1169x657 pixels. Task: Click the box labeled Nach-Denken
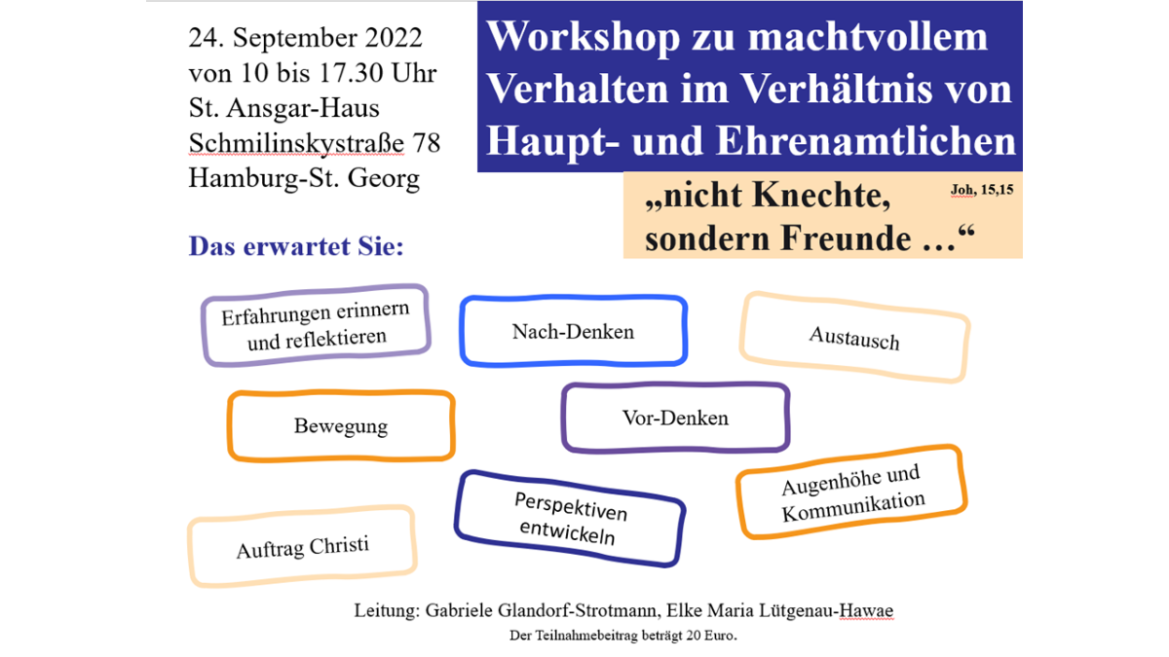point(573,331)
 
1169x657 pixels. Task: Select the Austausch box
point(854,338)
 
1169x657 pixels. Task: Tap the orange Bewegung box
point(341,426)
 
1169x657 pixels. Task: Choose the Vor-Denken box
point(675,418)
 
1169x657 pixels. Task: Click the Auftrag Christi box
point(302,546)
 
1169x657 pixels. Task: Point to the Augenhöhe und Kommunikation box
point(851,493)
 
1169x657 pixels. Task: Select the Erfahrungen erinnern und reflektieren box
point(316,325)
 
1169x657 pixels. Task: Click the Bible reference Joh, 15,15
point(982,190)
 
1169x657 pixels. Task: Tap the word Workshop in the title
point(583,38)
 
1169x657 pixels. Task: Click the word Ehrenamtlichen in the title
point(866,141)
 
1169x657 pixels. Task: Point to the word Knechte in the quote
point(821,196)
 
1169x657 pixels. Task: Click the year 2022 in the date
point(394,38)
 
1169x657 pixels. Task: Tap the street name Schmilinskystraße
point(296,144)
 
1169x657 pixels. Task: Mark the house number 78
point(427,143)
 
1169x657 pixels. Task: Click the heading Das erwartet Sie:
point(296,246)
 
